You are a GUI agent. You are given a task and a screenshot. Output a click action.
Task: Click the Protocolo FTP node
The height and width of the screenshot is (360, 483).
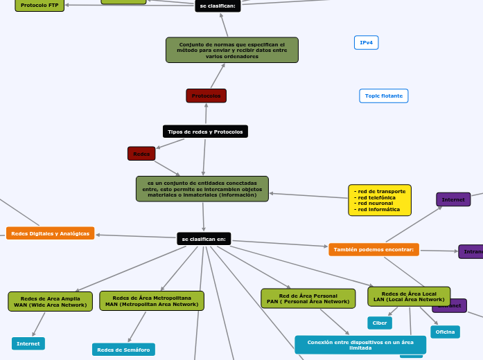click(39, 5)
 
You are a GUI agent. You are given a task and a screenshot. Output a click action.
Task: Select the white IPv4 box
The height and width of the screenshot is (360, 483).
click(366, 43)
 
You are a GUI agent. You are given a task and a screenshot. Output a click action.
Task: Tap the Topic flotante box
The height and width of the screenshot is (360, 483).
click(383, 96)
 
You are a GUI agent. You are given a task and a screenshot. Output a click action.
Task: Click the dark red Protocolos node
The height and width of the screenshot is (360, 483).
click(206, 96)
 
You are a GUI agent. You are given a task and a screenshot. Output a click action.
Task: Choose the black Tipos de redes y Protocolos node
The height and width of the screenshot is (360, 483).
click(205, 132)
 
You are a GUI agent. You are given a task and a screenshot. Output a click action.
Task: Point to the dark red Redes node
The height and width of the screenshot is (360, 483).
click(141, 153)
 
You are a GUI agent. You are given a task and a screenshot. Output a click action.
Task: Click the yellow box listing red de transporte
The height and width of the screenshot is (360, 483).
click(379, 200)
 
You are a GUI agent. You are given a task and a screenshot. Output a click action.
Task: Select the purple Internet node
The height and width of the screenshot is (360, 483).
click(453, 199)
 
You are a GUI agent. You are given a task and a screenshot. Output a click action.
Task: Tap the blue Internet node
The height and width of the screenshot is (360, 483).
click(28, 343)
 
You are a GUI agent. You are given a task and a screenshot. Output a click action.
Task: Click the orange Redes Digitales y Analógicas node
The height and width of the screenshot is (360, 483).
click(50, 233)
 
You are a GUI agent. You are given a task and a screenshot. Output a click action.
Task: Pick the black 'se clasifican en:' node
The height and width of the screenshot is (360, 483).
click(204, 239)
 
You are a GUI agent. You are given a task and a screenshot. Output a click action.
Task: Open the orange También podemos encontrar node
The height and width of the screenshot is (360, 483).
click(374, 249)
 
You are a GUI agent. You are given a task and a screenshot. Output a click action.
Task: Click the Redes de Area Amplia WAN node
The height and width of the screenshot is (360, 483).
click(51, 301)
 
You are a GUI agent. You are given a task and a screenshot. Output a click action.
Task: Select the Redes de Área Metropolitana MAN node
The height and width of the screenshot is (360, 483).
click(152, 300)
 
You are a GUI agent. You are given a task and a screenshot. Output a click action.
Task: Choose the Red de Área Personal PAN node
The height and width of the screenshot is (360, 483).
click(308, 298)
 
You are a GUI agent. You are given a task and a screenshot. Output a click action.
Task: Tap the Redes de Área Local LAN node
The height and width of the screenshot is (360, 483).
click(409, 296)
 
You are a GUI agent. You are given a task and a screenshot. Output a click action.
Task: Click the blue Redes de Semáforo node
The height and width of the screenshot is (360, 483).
click(123, 350)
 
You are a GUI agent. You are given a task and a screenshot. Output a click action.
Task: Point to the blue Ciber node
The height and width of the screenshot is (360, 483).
click(380, 323)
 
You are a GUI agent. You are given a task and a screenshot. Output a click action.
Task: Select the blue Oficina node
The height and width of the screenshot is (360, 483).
click(445, 332)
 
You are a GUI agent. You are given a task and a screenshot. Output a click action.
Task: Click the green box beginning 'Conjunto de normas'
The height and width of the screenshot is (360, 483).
click(231, 50)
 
